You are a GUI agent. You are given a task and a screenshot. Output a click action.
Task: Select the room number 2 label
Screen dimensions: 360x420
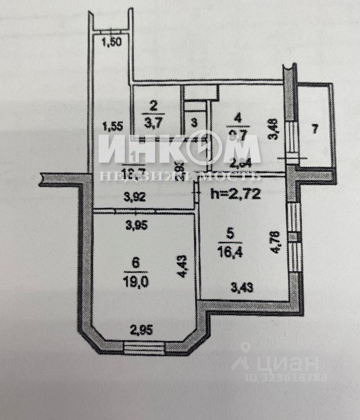point(153,105)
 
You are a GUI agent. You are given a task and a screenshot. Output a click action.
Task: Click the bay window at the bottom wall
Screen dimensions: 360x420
point(144,348)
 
